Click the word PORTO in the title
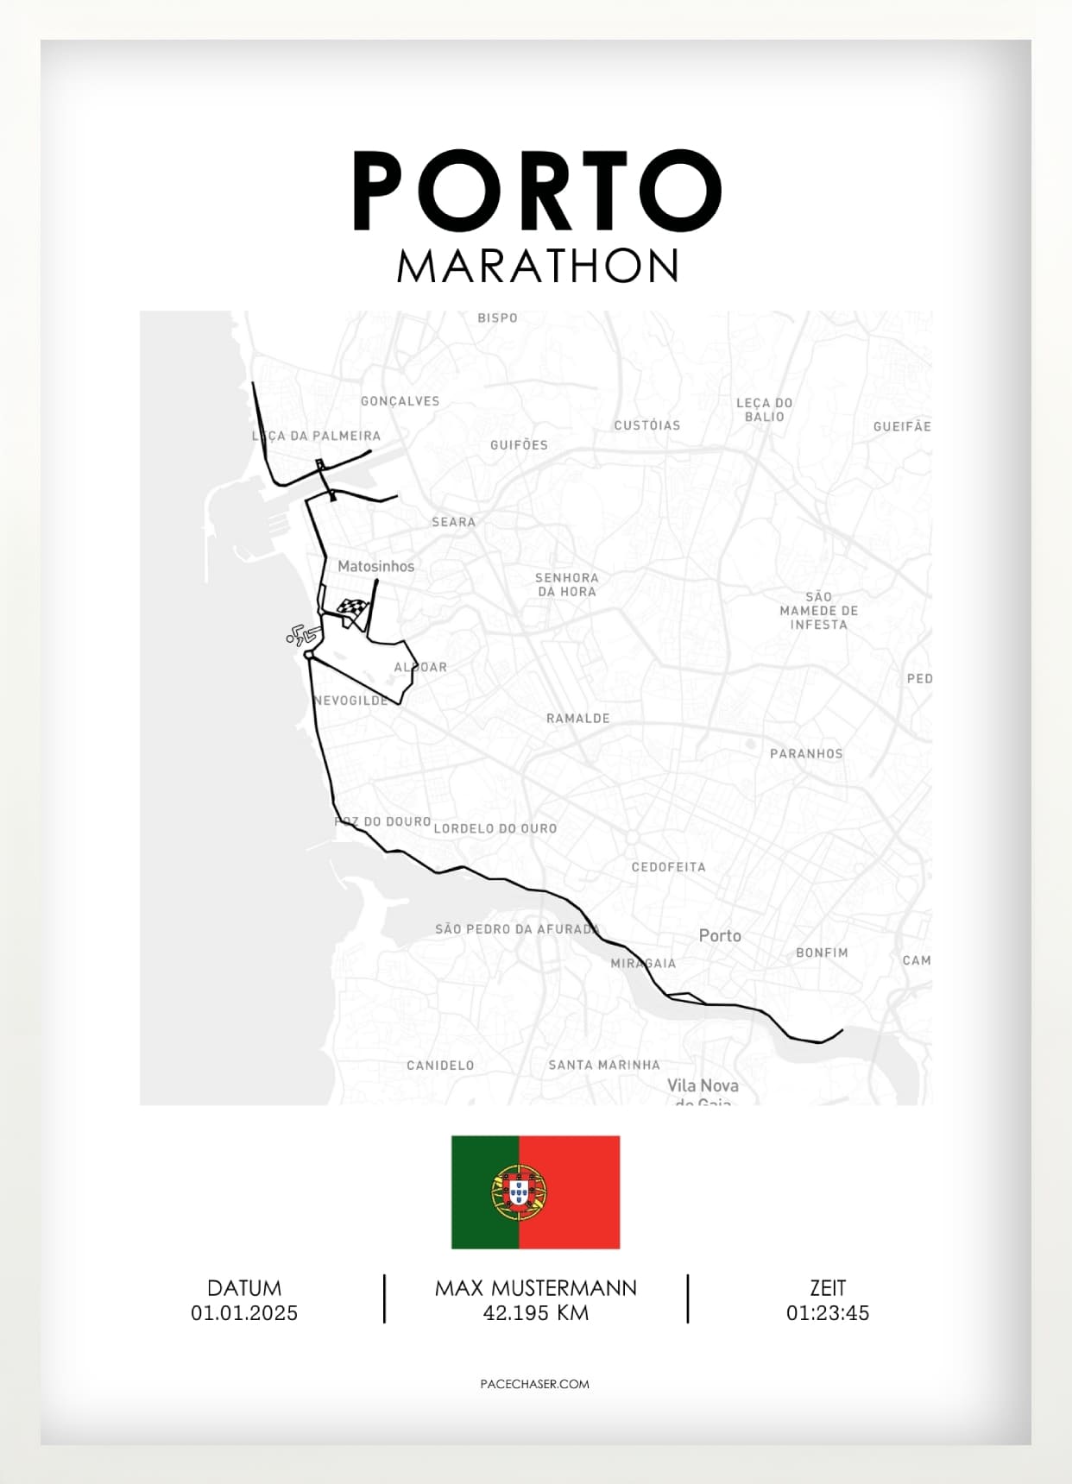(x=536, y=192)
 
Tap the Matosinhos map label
(x=375, y=567)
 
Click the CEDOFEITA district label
(x=668, y=867)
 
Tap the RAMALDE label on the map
(x=577, y=718)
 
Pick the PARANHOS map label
(x=805, y=753)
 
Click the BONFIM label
(x=822, y=953)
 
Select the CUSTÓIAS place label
(x=646, y=425)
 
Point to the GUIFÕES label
(x=519, y=445)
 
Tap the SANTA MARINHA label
(x=604, y=1065)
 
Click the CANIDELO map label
(x=440, y=1065)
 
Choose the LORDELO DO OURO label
(x=495, y=828)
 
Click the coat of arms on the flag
(x=520, y=1192)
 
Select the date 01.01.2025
(x=244, y=1313)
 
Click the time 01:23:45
(x=827, y=1313)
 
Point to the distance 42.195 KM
(x=535, y=1313)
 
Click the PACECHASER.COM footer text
(x=534, y=1384)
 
